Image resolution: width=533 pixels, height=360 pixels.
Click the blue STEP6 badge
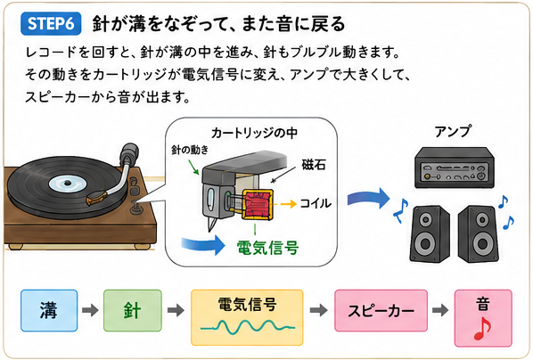(x=51, y=24)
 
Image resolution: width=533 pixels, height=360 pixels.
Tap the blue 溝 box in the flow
(x=49, y=310)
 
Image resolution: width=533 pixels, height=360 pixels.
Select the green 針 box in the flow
(x=132, y=310)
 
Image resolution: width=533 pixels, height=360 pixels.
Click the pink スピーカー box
(x=381, y=310)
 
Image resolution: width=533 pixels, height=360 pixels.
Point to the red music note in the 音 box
(x=482, y=329)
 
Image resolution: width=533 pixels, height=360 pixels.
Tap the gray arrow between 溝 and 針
(x=90, y=310)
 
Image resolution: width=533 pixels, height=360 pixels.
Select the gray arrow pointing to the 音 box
(x=440, y=310)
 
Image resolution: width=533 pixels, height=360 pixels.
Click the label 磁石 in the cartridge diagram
(x=314, y=165)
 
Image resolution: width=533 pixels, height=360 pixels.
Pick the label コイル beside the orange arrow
(x=316, y=203)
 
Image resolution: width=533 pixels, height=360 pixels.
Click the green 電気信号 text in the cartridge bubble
(x=267, y=248)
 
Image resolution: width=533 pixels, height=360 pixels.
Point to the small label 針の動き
(x=190, y=150)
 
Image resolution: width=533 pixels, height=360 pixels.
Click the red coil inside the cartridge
(x=258, y=205)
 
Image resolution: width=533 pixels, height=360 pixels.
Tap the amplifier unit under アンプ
(x=455, y=168)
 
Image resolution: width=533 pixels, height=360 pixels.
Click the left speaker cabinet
(x=430, y=233)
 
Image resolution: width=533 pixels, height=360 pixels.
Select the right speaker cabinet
(x=479, y=233)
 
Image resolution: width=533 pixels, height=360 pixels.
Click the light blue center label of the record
(x=68, y=184)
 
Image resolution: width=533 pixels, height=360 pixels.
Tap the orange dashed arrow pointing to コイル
(x=285, y=204)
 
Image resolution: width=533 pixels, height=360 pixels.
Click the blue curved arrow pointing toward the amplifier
(x=369, y=198)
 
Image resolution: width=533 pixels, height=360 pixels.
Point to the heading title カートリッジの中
(x=254, y=133)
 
